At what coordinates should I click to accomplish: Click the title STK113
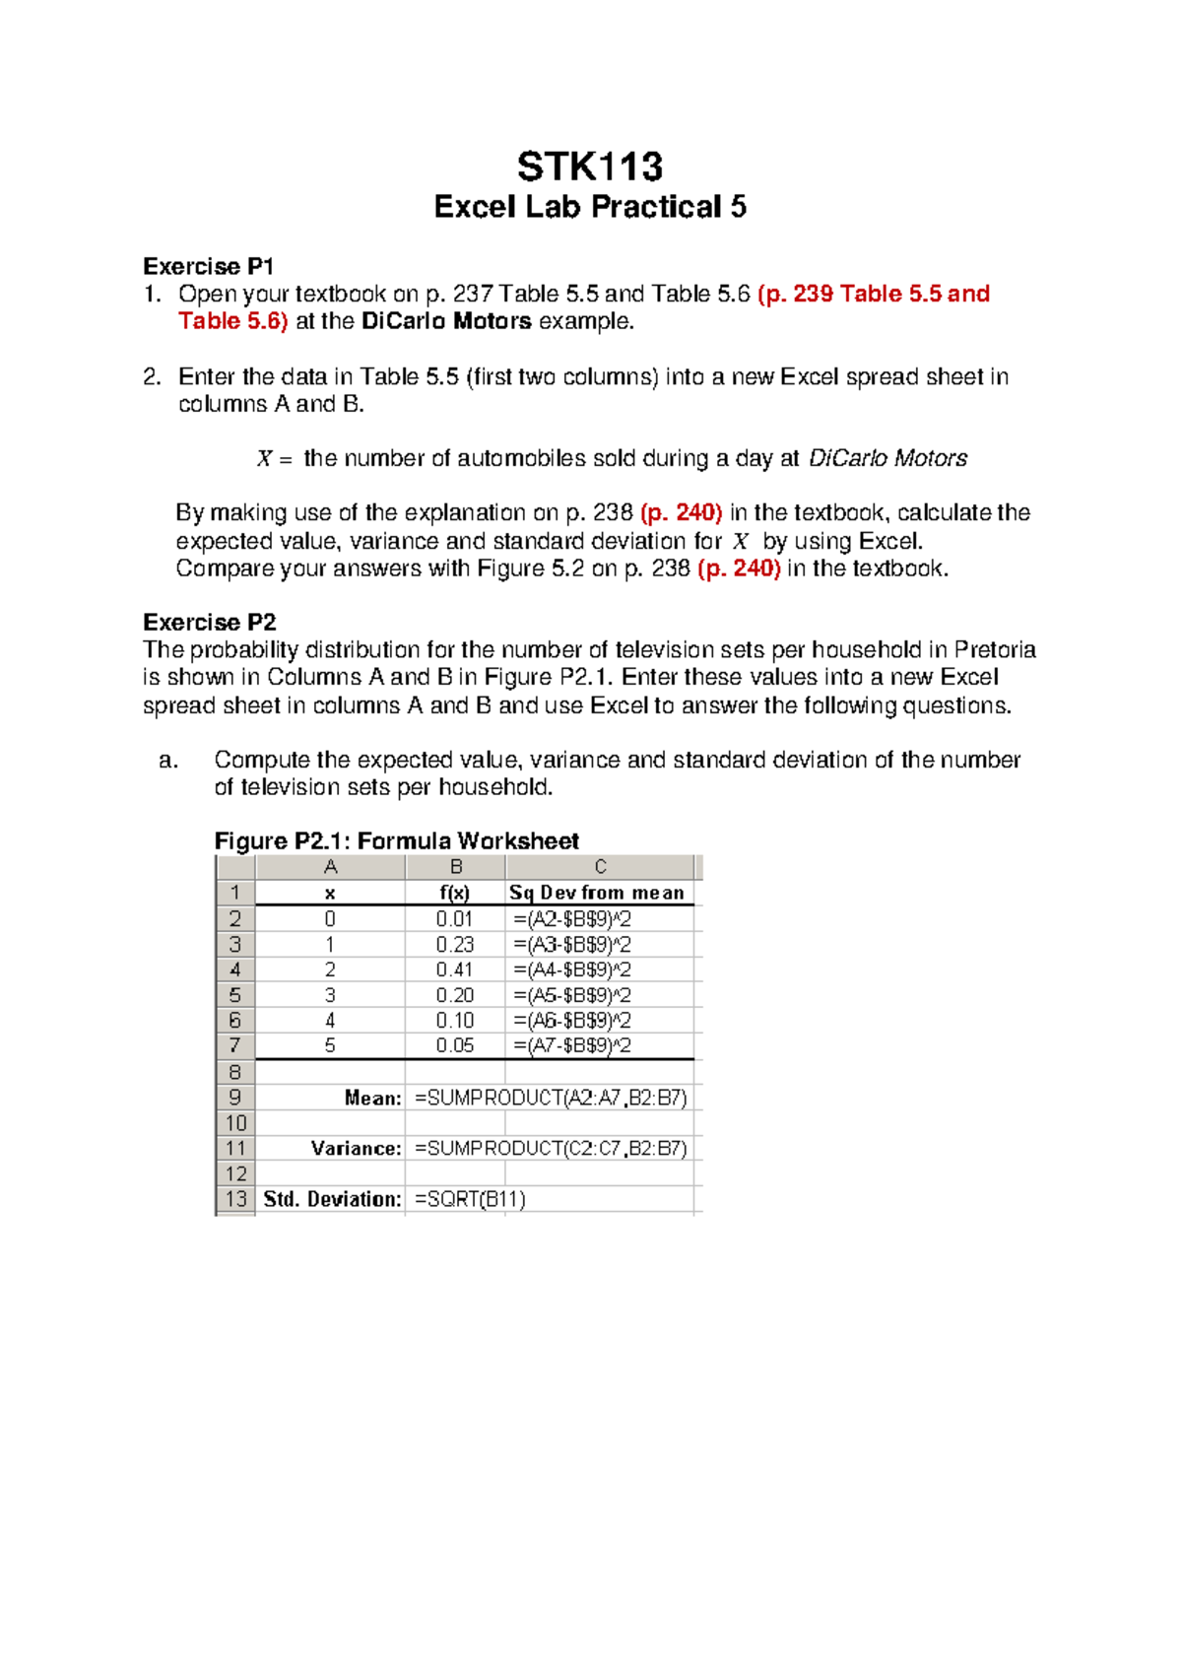(x=590, y=167)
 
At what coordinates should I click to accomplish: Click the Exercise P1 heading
(x=208, y=266)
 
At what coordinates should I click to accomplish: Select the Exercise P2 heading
(x=209, y=622)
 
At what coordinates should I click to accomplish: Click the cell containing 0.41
(x=454, y=969)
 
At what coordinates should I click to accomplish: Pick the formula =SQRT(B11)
(x=470, y=1199)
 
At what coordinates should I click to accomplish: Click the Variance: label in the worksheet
(x=356, y=1148)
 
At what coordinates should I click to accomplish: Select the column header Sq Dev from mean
(x=596, y=893)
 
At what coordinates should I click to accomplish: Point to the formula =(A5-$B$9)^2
(x=572, y=995)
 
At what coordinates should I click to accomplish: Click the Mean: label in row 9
(x=372, y=1098)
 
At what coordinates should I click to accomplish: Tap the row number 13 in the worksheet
(x=235, y=1199)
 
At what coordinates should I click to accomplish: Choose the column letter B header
(x=455, y=867)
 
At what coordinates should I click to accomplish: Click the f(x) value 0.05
(x=454, y=1045)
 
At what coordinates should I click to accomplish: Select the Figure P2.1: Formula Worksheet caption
(x=396, y=840)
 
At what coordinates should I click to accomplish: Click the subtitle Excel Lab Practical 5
(x=590, y=207)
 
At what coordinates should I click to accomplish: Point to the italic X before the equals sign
(x=264, y=459)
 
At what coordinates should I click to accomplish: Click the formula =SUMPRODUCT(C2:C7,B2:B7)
(x=551, y=1148)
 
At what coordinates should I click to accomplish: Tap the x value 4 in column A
(x=330, y=1021)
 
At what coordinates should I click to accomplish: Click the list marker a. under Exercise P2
(x=168, y=760)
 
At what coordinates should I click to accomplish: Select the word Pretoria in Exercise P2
(x=995, y=649)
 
